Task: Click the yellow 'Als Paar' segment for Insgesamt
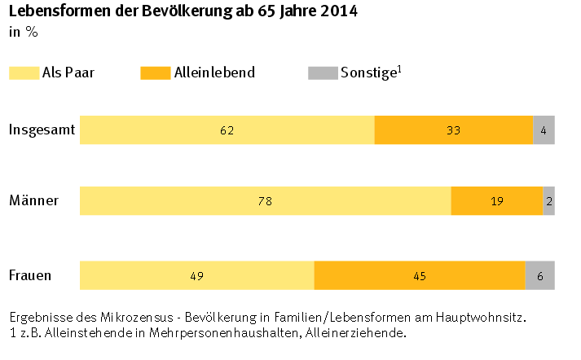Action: coord(227,130)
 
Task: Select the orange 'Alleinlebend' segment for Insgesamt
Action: coord(453,130)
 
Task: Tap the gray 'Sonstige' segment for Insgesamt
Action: coord(544,130)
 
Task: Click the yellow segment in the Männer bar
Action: coord(265,201)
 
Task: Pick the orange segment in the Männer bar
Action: coord(496,201)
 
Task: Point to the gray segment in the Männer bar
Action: coord(548,201)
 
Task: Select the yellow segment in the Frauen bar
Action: coord(196,275)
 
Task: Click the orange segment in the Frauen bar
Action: coord(420,275)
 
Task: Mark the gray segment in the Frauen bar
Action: coord(539,275)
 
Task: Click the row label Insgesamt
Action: coord(42,130)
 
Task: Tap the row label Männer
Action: coord(33,200)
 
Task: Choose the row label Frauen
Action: coord(30,275)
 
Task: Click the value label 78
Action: coord(265,201)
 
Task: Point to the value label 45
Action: coord(420,276)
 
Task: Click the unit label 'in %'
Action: coord(23,33)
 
